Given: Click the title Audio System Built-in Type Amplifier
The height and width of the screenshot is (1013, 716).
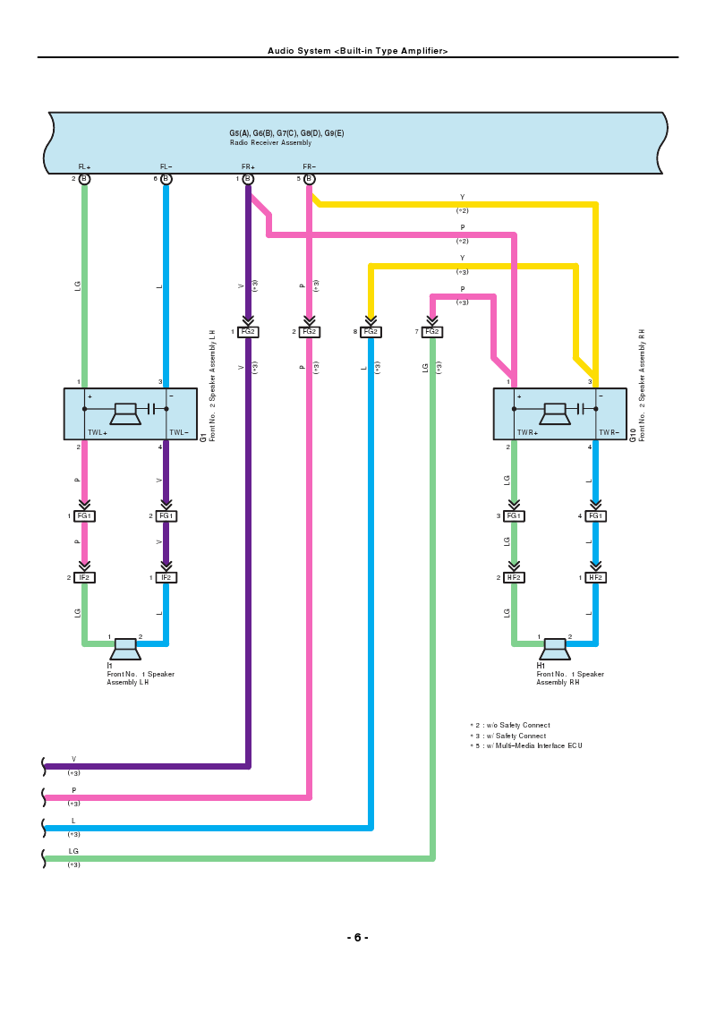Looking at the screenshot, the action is click(x=357, y=50).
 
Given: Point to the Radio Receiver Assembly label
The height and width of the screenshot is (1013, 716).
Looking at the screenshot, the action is click(x=271, y=143).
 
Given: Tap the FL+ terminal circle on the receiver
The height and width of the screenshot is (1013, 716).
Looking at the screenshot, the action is click(x=84, y=179).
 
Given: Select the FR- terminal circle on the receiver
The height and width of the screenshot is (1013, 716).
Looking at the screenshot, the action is click(x=310, y=179).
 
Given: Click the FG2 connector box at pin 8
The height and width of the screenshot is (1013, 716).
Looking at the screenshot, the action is click(x=371, y=331).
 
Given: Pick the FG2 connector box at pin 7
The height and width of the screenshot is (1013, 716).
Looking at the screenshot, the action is click(x=432, y=331).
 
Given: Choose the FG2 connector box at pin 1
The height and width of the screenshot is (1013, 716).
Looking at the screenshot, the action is click(x=248, y=331).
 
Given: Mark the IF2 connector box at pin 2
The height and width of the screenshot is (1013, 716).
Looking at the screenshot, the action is click(x=84, y=577).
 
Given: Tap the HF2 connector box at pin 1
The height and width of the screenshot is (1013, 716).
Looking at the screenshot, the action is click(x=596, y=577).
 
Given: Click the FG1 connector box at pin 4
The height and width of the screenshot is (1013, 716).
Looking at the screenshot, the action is click(x=596, y=516).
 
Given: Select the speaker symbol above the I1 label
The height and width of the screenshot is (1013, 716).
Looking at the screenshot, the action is click(x=124, y=649).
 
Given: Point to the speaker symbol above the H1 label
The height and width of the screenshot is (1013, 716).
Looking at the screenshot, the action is click(x=555, y=649).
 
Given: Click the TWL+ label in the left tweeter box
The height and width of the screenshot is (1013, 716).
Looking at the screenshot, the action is click(x=98, y=433).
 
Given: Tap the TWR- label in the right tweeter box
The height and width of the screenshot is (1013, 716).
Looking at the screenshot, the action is click(x=609, y=433).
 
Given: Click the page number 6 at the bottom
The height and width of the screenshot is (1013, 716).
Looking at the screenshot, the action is click(x=357, y=938).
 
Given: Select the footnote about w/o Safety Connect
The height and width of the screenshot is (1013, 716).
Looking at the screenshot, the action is click(x=510, y=726).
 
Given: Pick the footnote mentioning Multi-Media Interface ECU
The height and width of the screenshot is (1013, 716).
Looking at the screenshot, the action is click(x=526, y=745).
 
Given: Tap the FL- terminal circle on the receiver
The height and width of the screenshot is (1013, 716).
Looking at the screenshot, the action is click(x=166, y=179).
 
